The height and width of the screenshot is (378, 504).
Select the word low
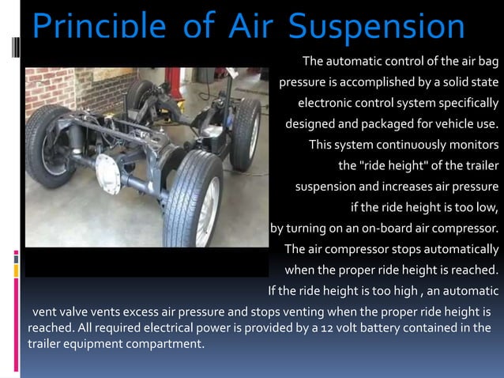488,208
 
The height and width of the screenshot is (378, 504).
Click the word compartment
161,344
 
